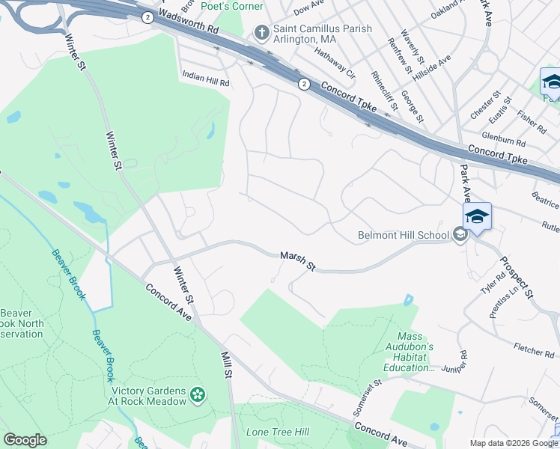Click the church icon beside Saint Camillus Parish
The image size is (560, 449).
261,31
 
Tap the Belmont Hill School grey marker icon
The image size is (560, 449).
460,235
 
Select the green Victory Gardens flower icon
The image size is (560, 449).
198,394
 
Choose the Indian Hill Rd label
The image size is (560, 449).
206,76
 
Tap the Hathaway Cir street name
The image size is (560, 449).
334,64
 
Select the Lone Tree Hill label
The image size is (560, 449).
277,433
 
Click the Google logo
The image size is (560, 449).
25,440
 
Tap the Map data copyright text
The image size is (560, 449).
514,443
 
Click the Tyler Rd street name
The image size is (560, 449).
494,282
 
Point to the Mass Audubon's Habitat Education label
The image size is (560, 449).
415,352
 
